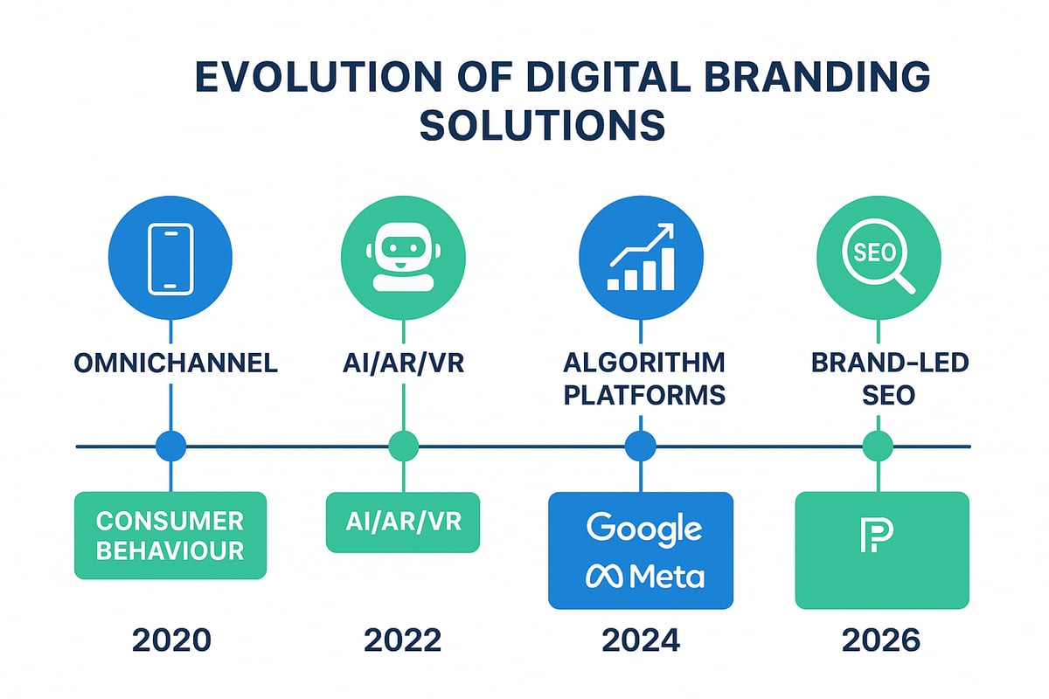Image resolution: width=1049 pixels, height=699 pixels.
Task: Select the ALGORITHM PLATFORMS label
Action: click(x=643, y=377)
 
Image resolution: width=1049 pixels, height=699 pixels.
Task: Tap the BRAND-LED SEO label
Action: click(x=879, y=377)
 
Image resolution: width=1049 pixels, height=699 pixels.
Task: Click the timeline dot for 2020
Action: click(x=170, y=446)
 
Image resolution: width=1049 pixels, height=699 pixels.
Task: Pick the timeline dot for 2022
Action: click(x=403, y=446)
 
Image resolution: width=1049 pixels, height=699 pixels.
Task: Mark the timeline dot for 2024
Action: click(x=641, y=446)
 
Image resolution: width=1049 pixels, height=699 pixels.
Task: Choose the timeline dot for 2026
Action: click(x=878, y=446)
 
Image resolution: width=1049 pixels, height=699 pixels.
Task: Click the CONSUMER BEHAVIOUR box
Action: click(x=170, y=536)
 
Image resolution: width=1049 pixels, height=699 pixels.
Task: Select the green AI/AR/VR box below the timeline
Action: click(x=403, y=523)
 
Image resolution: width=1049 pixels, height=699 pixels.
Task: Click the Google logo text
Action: click(x=644, y=528)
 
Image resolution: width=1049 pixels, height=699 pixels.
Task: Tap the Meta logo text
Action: click(x=644, y=576)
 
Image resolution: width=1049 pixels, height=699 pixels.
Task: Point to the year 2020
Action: click(x=171, y=640)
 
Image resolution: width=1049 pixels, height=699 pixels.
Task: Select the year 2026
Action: click(x=880, y=640)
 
